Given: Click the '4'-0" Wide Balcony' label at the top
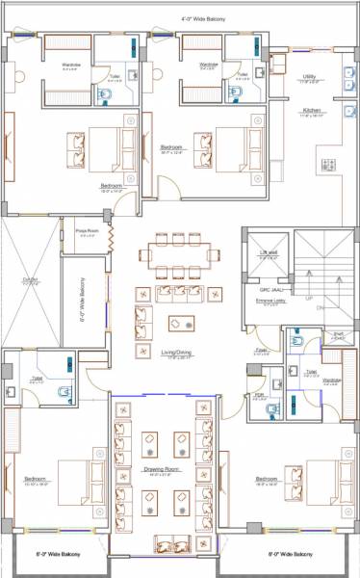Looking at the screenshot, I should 204,18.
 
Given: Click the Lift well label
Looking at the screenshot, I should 269,253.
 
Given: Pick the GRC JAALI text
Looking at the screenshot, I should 270,288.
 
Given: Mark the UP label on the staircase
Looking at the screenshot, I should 308,298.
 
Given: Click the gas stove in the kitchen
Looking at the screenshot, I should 327,166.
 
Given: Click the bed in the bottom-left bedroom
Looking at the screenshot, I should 80,479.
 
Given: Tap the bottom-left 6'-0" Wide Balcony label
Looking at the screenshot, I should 58,555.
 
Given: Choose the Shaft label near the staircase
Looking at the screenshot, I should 338,336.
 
